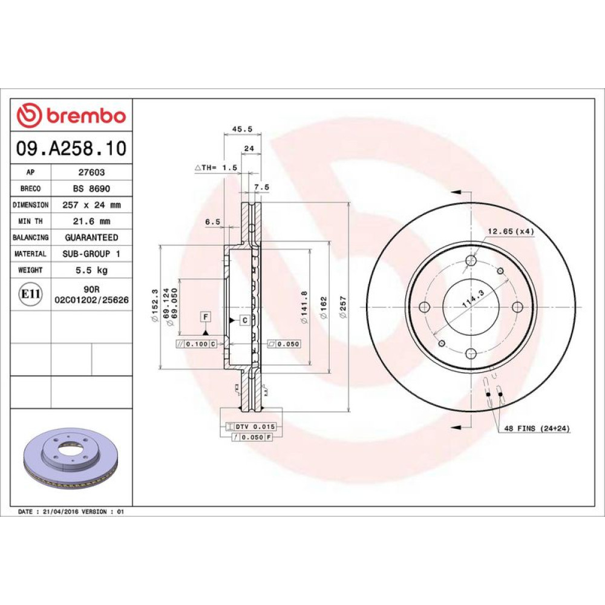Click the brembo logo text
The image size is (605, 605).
pos(87,116)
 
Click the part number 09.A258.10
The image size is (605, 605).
pos(71,148)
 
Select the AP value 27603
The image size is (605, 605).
pos(91,172)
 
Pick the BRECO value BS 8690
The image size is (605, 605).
pos(91,189)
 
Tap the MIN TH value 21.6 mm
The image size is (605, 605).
pos(91,221)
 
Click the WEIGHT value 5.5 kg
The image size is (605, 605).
pos(91,270)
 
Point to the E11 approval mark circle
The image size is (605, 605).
pos(30,294)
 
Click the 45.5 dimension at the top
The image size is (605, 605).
pos(243,129)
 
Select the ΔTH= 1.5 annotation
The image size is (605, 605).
pos(216,168)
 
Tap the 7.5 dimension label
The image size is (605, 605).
pos(261,187)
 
